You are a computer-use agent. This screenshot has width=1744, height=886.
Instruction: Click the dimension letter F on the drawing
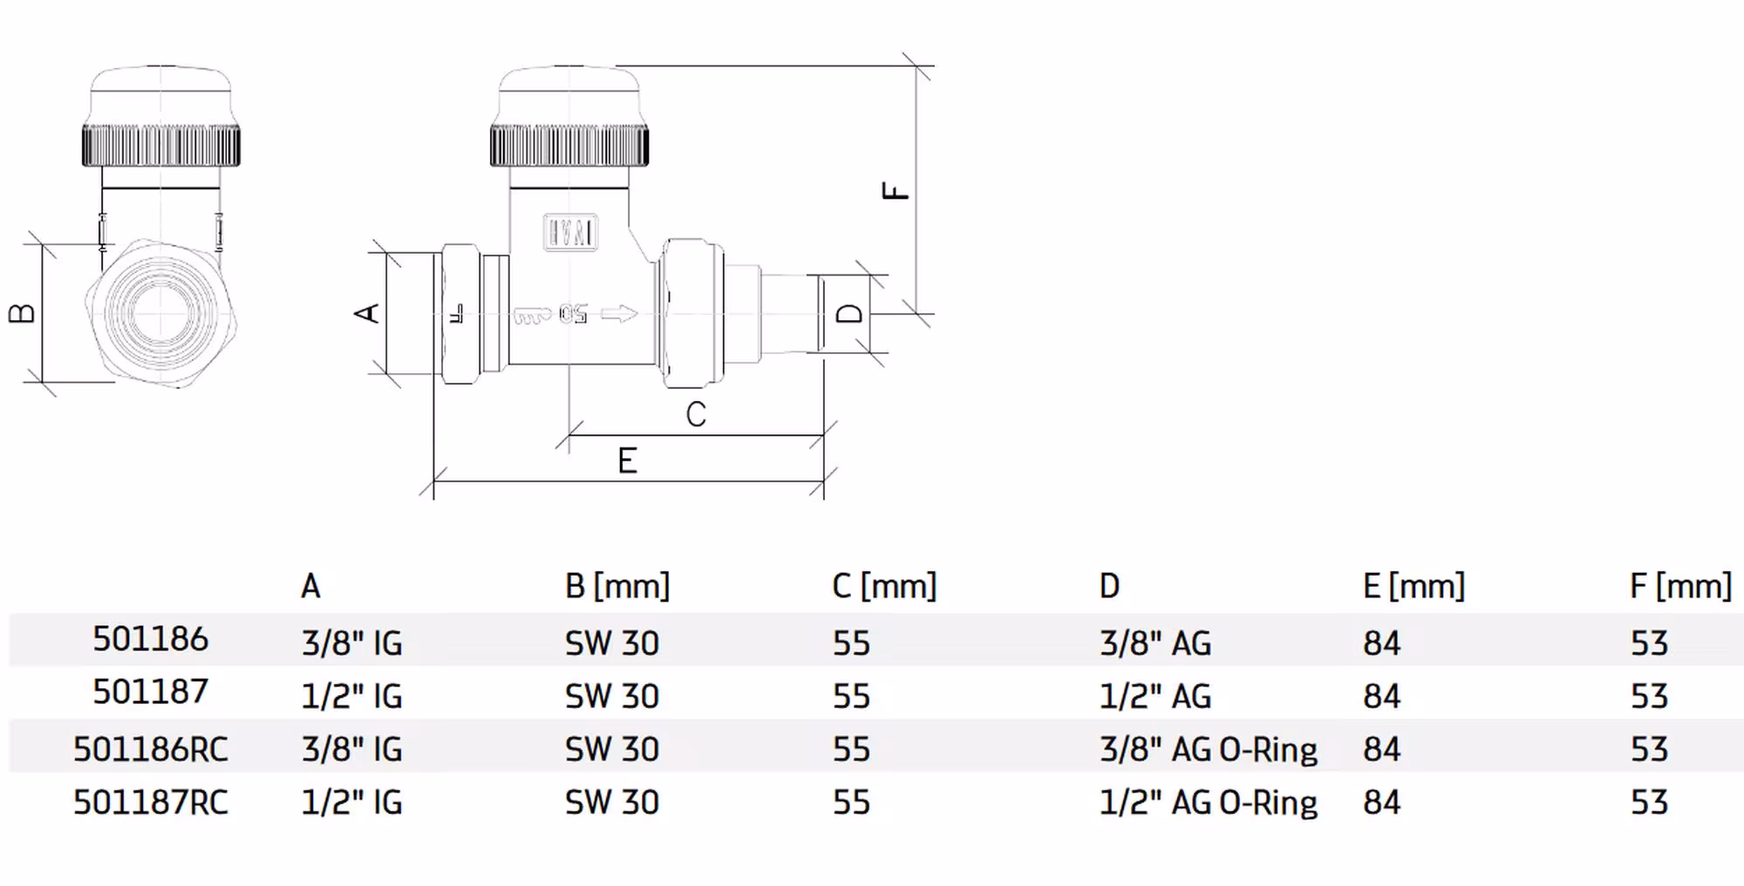coord(896,190)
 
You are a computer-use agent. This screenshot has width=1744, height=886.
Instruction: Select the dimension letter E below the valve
coord(627,460)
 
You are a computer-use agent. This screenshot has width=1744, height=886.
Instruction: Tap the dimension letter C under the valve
coord(695,414)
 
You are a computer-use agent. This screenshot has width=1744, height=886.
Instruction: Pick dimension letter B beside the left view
coord(22,313)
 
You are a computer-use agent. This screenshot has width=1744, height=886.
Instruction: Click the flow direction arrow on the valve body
coord(619,314)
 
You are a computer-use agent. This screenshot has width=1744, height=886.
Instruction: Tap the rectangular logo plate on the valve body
coord(570,233)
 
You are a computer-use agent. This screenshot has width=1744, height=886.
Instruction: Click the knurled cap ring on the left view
coord(161,146)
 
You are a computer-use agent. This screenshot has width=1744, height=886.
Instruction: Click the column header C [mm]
coord(883,586)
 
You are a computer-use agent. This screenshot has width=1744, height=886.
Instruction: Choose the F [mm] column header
coord(1679,586)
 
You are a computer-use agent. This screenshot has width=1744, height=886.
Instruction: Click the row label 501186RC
coord(150,749)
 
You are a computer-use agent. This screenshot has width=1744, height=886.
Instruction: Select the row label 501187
coord(150,692)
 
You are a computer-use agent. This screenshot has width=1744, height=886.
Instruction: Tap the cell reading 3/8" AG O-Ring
coord(1208,749)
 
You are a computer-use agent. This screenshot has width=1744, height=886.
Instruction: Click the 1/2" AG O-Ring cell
coord(1208,802)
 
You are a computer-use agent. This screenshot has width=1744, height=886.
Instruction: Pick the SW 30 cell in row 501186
coord(611,644)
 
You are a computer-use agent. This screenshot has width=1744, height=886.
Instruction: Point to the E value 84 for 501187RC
coord(1381,802)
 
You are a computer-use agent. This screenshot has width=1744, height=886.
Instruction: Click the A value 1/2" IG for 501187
coord(351,697)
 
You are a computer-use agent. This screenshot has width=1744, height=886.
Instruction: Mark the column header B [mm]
coord(617,586)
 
